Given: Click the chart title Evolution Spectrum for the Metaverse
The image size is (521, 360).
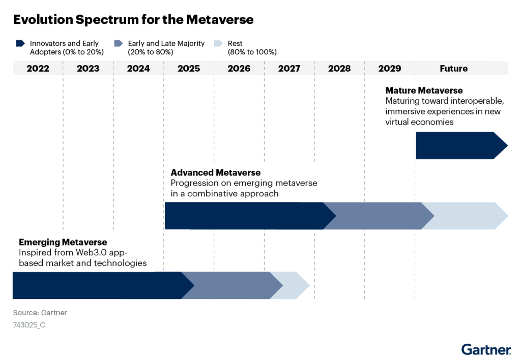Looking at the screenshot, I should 133,20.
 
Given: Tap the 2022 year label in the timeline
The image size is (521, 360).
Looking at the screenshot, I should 38,68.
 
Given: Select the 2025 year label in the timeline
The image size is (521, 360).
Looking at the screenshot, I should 189,68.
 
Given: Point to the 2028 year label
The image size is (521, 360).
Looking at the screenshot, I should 339,68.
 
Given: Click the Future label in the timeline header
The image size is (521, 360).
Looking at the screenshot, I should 453,68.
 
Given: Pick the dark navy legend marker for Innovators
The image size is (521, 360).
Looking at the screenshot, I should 20,44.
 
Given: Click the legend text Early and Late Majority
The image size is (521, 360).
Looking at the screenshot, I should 166,44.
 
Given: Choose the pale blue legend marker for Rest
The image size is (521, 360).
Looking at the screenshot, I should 218,44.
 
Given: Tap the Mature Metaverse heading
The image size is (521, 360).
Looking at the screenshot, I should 424,91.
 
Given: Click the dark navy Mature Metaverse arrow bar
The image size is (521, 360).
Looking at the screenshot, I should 458,145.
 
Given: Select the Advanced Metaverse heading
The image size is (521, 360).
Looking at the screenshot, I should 215,173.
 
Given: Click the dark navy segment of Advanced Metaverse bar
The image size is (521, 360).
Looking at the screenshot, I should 244,215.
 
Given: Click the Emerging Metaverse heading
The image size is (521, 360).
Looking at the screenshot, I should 63,242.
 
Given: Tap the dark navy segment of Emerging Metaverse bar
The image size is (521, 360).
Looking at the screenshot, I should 97,285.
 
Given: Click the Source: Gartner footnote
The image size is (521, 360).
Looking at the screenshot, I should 40,313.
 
